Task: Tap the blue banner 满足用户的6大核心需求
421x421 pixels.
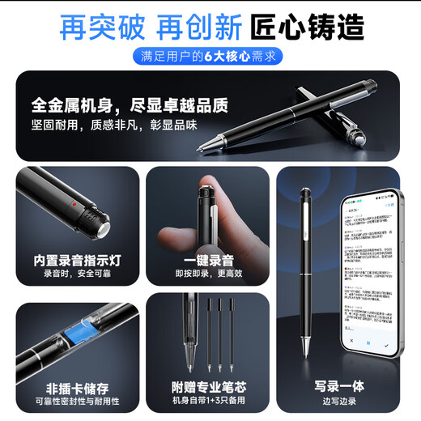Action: coord(210,57)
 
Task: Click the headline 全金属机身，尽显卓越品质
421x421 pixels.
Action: coord(130,105)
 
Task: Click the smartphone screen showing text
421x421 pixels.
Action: coord(368,275)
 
